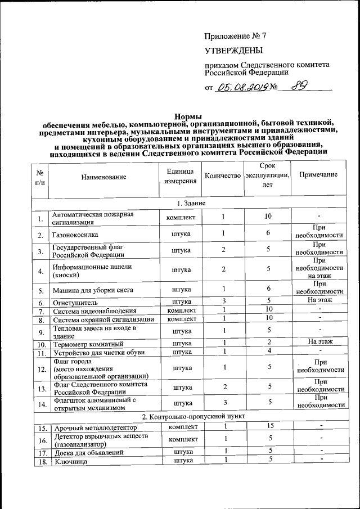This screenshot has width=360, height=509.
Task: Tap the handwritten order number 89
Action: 299,87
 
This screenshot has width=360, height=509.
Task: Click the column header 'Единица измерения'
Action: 181,176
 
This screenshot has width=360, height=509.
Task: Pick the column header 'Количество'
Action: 222,176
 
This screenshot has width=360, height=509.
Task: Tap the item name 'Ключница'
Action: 70,461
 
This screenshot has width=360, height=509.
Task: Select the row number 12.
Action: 40,370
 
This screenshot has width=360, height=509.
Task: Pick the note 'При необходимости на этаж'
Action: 318,268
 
